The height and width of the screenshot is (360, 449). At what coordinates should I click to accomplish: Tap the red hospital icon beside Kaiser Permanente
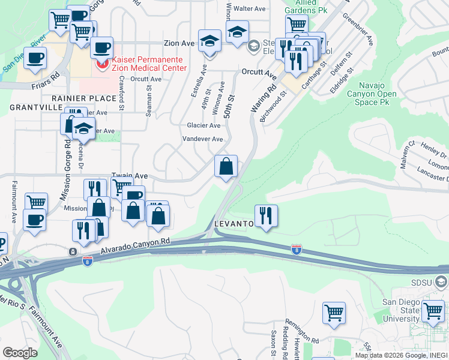tap(102, 62)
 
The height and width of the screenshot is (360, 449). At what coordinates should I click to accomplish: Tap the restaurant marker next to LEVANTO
tap(266, 215)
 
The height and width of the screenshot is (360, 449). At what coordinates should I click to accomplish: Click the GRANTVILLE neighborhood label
tap(36, 107)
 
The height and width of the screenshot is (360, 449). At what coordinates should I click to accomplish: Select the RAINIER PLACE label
tap(83, 98)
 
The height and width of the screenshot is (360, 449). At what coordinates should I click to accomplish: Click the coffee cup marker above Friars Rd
tap(35, 58)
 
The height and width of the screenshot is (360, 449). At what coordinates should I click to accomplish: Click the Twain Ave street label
tap(129, 176)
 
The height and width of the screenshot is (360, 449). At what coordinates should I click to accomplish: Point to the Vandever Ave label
tap(202, 139)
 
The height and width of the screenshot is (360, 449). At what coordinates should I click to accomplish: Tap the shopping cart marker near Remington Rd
tap(334, 313)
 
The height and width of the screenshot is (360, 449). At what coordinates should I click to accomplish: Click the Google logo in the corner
tap(20, 353)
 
